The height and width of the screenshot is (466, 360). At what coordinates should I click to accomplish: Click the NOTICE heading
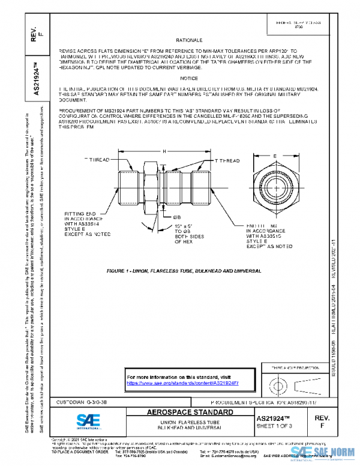tap(188, 79)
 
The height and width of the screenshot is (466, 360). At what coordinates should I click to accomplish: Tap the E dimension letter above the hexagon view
tap(274, 155)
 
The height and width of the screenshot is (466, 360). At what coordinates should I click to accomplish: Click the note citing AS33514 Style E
tap(87, 223)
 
